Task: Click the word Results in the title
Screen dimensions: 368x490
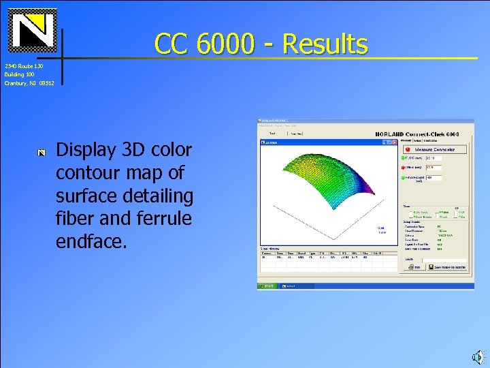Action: (325, 44)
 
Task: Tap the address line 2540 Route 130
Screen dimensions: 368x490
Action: (24, 66)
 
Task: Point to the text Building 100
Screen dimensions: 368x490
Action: (19, 74)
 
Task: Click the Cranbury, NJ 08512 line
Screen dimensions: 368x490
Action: (28, 83)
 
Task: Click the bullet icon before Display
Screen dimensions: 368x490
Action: (41, 152)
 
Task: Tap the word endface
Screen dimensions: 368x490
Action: (91, 241)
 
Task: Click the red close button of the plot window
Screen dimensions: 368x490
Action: (394, 142)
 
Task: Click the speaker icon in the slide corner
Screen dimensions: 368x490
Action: (477, 356)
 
